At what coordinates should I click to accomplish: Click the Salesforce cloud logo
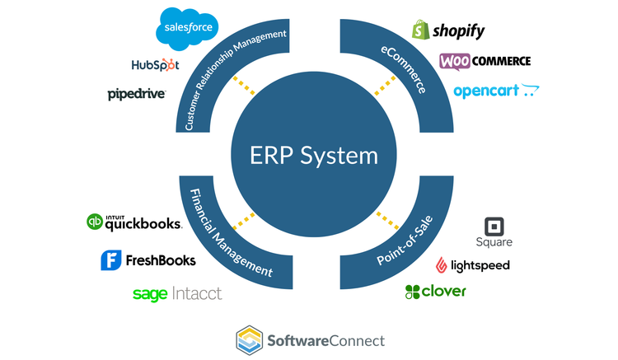188,26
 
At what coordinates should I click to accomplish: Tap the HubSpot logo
155,64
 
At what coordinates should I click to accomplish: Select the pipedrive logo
137,94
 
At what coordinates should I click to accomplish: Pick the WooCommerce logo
485,61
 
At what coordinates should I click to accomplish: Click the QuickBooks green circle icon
95,222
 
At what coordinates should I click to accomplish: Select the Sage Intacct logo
177,293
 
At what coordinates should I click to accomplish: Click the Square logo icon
494,227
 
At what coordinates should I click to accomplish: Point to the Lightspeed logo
473,265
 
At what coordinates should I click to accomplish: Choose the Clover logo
435,292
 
